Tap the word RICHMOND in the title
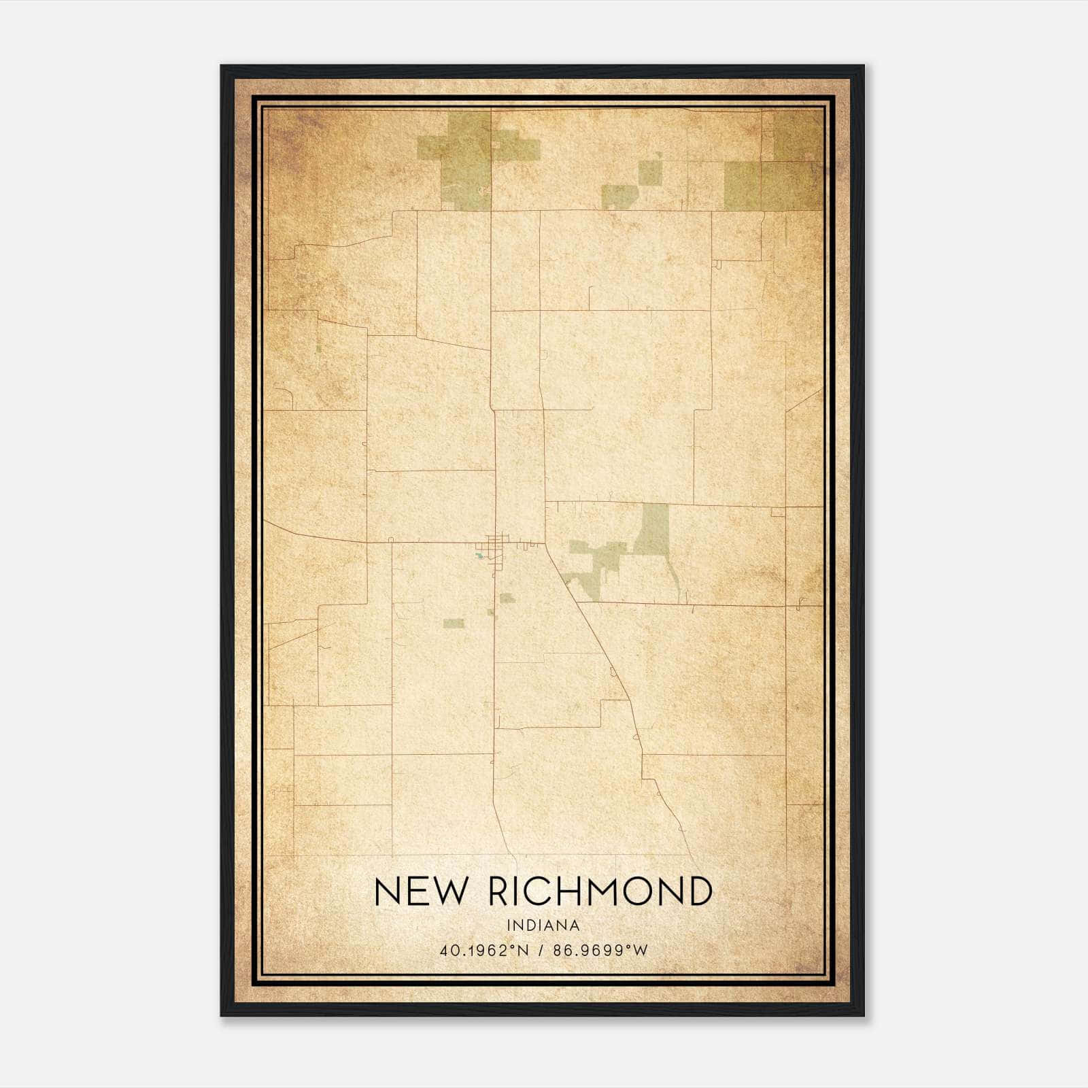(x=600, y=891)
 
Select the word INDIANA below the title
(x=543, y=925)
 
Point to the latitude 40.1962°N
(x=484, y=950)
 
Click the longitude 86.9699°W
(x=600, y=950)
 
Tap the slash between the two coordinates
(x=541, y=950)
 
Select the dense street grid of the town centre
(x=496, y=544)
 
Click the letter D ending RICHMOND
(x=699, y=891)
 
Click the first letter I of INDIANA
(x=509, y=925)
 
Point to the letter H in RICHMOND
(x=570, y=891)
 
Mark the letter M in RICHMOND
(x=604, y=891)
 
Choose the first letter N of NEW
(x=387, y=891)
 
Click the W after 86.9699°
(x=641, y=950)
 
